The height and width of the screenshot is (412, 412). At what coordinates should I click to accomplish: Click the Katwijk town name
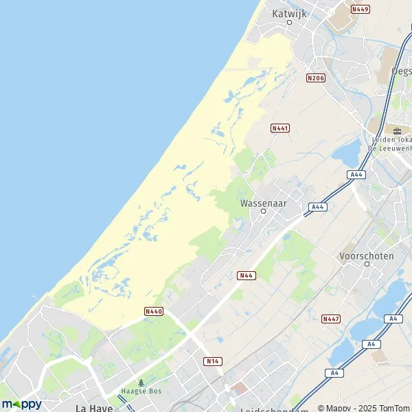289,12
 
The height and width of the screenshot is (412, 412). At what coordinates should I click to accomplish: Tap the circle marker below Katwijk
289,22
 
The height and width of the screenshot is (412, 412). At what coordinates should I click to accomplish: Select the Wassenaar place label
263,203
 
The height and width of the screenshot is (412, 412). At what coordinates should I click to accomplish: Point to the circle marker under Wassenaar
263,212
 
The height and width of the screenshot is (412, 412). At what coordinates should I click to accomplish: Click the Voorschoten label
367,256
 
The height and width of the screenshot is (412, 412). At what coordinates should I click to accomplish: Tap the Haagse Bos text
141,392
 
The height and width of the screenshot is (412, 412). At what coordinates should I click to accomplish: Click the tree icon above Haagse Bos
141,383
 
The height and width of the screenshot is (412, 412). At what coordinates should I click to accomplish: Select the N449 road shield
360,9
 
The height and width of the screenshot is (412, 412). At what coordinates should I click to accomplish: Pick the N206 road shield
316,78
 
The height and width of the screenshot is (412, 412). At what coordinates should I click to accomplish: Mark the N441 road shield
280,128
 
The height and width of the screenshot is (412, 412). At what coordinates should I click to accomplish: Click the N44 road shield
247,275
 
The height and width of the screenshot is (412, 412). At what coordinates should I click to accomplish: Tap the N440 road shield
154,311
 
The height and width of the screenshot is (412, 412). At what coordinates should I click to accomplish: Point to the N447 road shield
331,319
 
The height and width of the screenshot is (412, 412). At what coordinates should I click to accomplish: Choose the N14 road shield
213,360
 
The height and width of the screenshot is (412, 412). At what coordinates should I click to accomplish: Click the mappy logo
21,404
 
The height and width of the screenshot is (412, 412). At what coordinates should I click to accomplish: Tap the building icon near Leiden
397,129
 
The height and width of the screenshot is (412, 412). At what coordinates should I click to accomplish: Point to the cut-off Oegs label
401,71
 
